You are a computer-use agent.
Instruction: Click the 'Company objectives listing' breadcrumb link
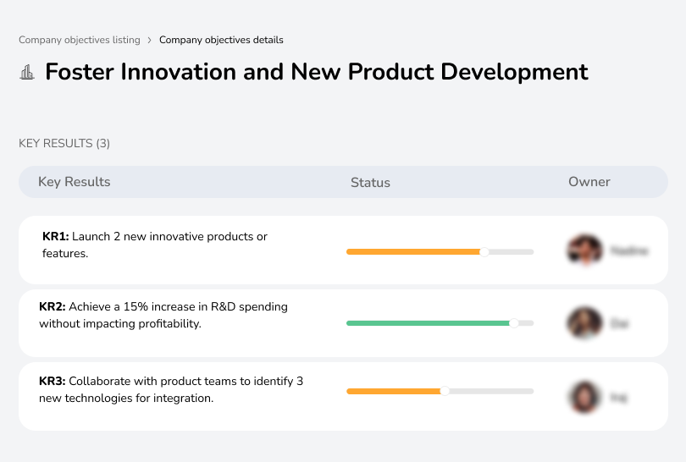pos(80,40)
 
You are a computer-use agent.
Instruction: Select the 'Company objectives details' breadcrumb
pos(221,40)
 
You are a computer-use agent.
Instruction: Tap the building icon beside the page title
pos(27,73)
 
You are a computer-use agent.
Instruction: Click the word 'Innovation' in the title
pos(179,72)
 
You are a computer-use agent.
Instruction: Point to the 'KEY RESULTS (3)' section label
pos(64,144)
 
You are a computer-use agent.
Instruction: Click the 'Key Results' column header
pos(74,182)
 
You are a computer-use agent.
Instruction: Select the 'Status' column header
pos(370,182)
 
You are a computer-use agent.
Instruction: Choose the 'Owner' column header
pos(589,182)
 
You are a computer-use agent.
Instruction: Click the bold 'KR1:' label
pos(55,237)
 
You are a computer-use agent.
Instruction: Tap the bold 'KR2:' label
pos(53,307)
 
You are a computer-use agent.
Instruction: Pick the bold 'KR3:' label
pos(53,382)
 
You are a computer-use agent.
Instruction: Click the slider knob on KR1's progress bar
pos(484,251)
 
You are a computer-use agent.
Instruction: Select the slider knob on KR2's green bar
pos(513,323)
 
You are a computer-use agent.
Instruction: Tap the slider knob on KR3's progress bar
pos(445,391)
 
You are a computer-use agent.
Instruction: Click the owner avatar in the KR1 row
pos(584,250)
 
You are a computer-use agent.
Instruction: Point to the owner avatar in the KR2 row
pos(584,323)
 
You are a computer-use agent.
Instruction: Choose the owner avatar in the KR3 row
pos(584,396)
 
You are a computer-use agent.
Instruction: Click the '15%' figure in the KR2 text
pos(138,307)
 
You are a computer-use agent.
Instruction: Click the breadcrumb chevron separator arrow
pos(149,40)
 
